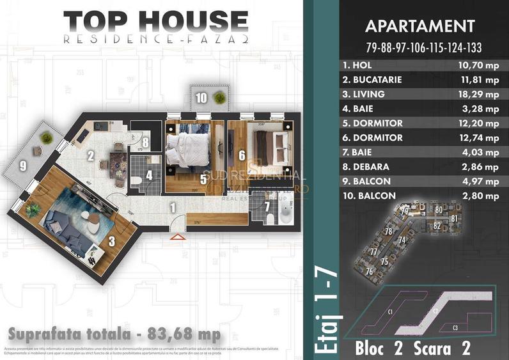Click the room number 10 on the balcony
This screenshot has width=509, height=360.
201,98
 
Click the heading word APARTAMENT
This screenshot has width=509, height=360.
419,26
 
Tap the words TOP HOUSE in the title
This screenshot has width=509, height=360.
155,20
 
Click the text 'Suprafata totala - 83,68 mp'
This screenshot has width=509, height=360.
115,334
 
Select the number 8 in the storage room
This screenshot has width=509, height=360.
145,143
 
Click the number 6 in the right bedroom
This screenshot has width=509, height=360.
242,155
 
